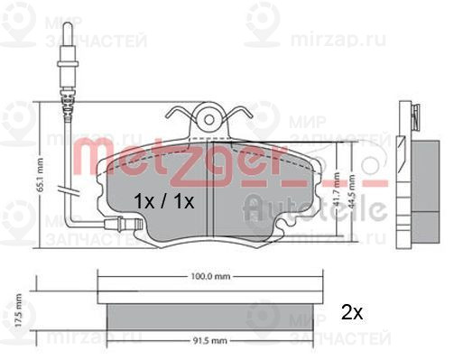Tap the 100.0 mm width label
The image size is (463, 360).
208,277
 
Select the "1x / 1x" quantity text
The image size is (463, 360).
164,200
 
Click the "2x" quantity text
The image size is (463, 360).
351,313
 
